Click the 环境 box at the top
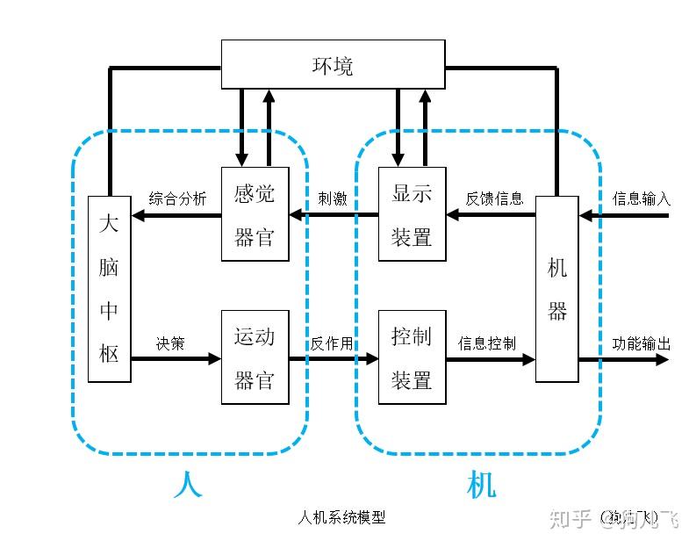point(333,66)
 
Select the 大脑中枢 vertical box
point(109,289)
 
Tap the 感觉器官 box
point(255,214)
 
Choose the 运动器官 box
point(255,357)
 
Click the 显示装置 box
point(412,214)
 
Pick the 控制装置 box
point(412,357)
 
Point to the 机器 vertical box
point(557,289)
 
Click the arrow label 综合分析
point(177,198)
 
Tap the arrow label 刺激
point(333,198)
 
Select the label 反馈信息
point(494,198)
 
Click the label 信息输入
point(641,198)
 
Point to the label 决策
point(170,343)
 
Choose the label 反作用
point(331,343)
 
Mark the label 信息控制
point(487,343)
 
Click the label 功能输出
point(641,343)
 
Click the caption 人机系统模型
point(342,518)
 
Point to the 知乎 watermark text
point(569,519)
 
